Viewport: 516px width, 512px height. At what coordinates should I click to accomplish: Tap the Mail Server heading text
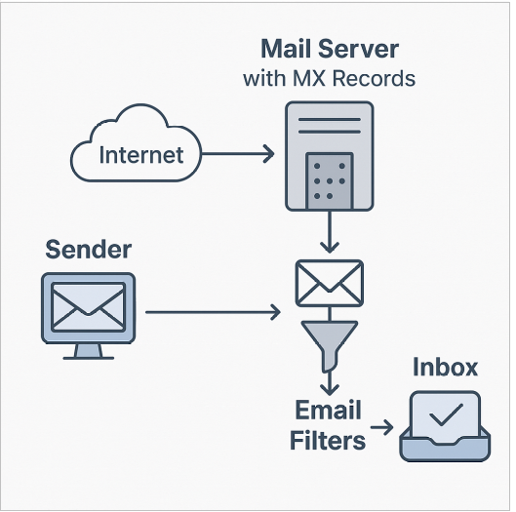coord(330,49)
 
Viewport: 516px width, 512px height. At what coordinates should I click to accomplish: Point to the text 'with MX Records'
coord(329,79)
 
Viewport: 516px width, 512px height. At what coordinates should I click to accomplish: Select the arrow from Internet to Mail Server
coord(238,153)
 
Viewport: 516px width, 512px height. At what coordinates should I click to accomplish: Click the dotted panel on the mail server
coord(330,180)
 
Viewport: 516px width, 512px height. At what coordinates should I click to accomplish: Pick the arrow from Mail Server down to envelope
coord(330,232)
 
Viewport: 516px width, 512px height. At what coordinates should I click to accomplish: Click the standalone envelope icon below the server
coord(330,283)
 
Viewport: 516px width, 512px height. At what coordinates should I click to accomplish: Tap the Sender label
coord(88,250)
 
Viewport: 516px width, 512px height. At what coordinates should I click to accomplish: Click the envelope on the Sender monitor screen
coord(88,306)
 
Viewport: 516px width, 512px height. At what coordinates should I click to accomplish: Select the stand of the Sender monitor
coord(88,352)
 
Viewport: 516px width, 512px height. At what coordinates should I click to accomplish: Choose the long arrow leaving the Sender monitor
coord(213,312)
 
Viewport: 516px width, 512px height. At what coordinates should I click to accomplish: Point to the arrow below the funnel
coord(330,383)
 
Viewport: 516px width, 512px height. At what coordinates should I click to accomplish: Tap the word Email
coord(328,410)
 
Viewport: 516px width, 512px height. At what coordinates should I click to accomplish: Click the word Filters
coord(328,440)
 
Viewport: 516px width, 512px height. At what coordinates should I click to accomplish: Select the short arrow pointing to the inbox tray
coord(381,427)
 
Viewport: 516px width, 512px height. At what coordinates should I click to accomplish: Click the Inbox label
coord(445,367)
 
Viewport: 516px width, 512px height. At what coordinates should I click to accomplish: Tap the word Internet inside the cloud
coord(141,155)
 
